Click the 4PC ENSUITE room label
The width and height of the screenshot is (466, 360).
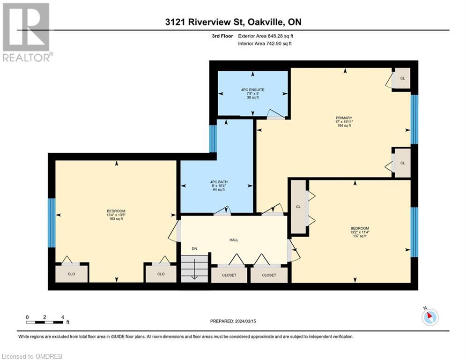[252, 90]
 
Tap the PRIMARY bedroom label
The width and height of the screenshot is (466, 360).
[344, 118]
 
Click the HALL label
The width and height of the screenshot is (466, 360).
[234, 240]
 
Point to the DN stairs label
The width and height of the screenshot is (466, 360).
[194, 249]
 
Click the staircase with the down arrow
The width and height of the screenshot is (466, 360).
[194, 269]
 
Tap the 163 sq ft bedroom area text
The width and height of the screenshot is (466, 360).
[116, 219]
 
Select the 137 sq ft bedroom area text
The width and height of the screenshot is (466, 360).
[360, 236]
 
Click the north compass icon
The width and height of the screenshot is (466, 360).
[430, 316]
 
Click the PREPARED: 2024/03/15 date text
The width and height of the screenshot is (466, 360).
[233, 321]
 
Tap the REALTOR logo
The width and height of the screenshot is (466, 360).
[27, 32]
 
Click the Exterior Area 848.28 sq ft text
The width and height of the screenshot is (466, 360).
[266, 36]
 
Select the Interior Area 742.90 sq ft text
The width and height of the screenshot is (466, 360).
[265, 44]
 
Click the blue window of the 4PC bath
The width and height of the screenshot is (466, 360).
[213, 139]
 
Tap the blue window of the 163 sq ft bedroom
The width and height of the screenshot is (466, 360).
[52, 223]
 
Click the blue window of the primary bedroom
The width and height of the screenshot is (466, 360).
[414, 120]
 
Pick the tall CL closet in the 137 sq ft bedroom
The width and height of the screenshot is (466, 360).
[298, 207]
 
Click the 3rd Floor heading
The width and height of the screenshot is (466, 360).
[222, 36]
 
